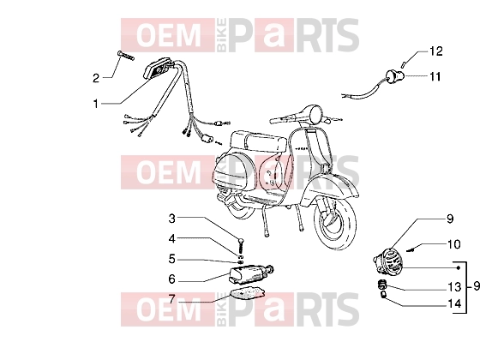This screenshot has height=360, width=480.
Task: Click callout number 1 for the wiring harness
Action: [96, 104]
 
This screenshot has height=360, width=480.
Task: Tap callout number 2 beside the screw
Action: [96, 78]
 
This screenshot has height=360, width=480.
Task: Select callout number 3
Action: [172, 219]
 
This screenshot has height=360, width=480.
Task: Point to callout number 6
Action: [172, 279]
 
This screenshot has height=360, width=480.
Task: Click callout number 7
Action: [172, 299]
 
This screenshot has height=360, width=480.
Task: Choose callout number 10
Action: [454, 244]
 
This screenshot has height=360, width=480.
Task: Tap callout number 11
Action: [435, 76]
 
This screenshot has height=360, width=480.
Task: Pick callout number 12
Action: [436, 51]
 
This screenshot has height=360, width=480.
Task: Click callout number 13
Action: [454, 287]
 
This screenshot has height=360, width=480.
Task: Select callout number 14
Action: [454, 303]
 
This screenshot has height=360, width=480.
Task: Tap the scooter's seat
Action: [258, 141]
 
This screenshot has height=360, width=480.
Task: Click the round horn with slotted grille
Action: [388, 261]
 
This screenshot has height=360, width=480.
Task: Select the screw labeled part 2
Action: [125, 56]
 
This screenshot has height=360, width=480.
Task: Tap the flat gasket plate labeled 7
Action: [248, 291]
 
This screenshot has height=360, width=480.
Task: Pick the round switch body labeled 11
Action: [395, 75]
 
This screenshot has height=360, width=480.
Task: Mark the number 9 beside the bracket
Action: [476, 286]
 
